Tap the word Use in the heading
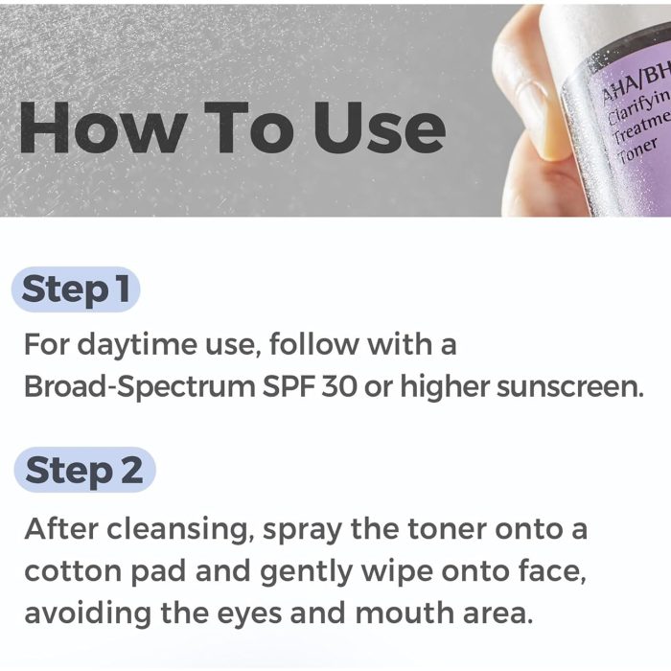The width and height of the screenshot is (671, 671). click(x=380, y=127)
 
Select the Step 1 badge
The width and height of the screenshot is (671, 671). click(x=76, y=289)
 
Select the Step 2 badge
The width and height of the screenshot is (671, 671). click(x=84, y=470)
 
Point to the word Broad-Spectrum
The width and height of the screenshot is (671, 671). click(x=140, y=387)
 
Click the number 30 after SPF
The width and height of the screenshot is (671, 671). click(x=339, y=386)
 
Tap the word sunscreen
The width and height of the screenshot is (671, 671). click(x=569, y=387)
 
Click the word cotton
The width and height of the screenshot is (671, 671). click(x=73, y=571)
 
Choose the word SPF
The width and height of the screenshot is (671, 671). click(x=289, y=386)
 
